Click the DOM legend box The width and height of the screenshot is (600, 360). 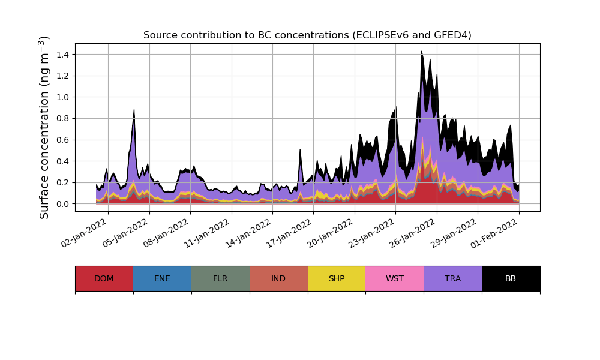pyautogui.click(x=104, y=278)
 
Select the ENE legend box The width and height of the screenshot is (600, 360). pyautogui.click(x=162, y=278)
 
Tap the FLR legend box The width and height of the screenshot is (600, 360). pyautogui.click(x=220, y=278)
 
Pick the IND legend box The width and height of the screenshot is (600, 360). pyautogui.click(x=278, y=278)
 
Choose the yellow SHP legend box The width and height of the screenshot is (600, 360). pyautogui.click(x=337, y=278)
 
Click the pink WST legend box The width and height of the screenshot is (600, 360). pyautogui.click(x=395, y=278)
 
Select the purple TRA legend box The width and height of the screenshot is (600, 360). pyautogui.click(x=453, y=278)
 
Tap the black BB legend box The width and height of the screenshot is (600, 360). pyautogui.click(x=511, y=278)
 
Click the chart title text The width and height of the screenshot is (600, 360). pyautogui.click(x=307, y=35)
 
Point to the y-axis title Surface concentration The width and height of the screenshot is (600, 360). pyautogui.click(x=44, y=127)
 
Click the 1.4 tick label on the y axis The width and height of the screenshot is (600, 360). pyautogui.click(x=62, y=55)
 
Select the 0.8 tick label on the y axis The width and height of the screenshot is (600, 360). pyautogui.click(x=62, y=118)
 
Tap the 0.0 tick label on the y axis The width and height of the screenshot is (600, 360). pyautogui.click(x=62, y=204)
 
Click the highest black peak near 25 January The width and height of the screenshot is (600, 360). pyautogui.click(x=421, y=52)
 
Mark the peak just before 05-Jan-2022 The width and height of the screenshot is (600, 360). pyautogui.click(x=134, y=110)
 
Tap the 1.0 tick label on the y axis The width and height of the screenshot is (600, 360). pyautogui.click(x=62, y=97)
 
